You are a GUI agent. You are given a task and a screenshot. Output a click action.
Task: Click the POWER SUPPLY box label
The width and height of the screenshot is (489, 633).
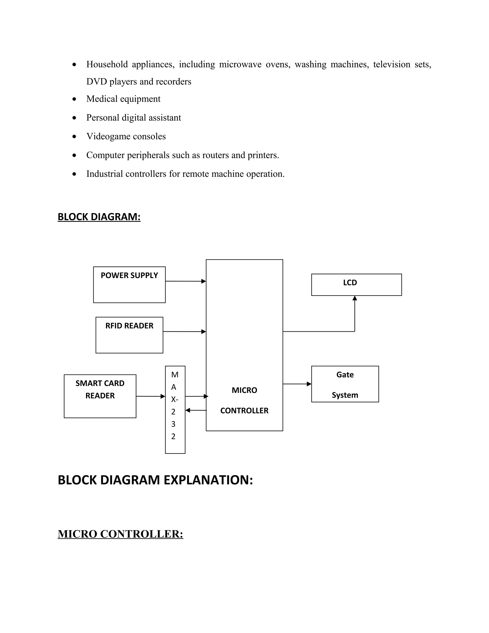tap(129, 275)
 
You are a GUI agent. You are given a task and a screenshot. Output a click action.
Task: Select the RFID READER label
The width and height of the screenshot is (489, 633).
tap(129, 326)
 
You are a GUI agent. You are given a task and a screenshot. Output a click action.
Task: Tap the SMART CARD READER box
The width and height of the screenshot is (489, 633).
tap(100, 396)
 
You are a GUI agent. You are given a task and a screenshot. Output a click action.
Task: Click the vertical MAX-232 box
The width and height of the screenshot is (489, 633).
tap(175, 409)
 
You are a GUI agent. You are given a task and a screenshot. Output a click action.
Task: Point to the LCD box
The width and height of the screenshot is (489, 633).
tap(356, 285)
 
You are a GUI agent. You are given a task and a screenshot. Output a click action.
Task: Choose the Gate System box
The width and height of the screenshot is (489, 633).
tap(345, 384)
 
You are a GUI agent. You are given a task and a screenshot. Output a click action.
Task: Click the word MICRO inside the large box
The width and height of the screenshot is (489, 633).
tap(244, 390)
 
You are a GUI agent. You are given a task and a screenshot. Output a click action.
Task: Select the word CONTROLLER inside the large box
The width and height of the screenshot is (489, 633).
tap(244, 410)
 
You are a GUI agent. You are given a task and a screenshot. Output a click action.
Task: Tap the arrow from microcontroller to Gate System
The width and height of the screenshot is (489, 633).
tap(297, 384)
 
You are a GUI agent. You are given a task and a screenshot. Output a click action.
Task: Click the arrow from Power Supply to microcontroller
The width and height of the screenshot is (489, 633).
tap(185, 281)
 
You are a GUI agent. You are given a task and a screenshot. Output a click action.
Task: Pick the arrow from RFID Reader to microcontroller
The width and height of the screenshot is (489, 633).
tap(184, 332)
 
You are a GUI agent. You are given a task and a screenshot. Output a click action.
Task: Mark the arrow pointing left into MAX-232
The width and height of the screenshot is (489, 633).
tap(196, 410)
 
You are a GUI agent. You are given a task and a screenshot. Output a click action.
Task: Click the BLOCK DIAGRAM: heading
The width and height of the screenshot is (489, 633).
tap(99, 217)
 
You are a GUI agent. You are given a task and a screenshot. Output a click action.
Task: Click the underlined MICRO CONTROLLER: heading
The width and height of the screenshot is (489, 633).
tap(121, 534)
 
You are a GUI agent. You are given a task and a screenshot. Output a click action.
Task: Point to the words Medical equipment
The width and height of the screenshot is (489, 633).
tap(123, 99)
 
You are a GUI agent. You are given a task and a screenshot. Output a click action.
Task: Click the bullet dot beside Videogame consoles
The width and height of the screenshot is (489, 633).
tap(74, 136)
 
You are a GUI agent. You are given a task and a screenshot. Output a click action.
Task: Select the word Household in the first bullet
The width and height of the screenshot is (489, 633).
tap(107, 64)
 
